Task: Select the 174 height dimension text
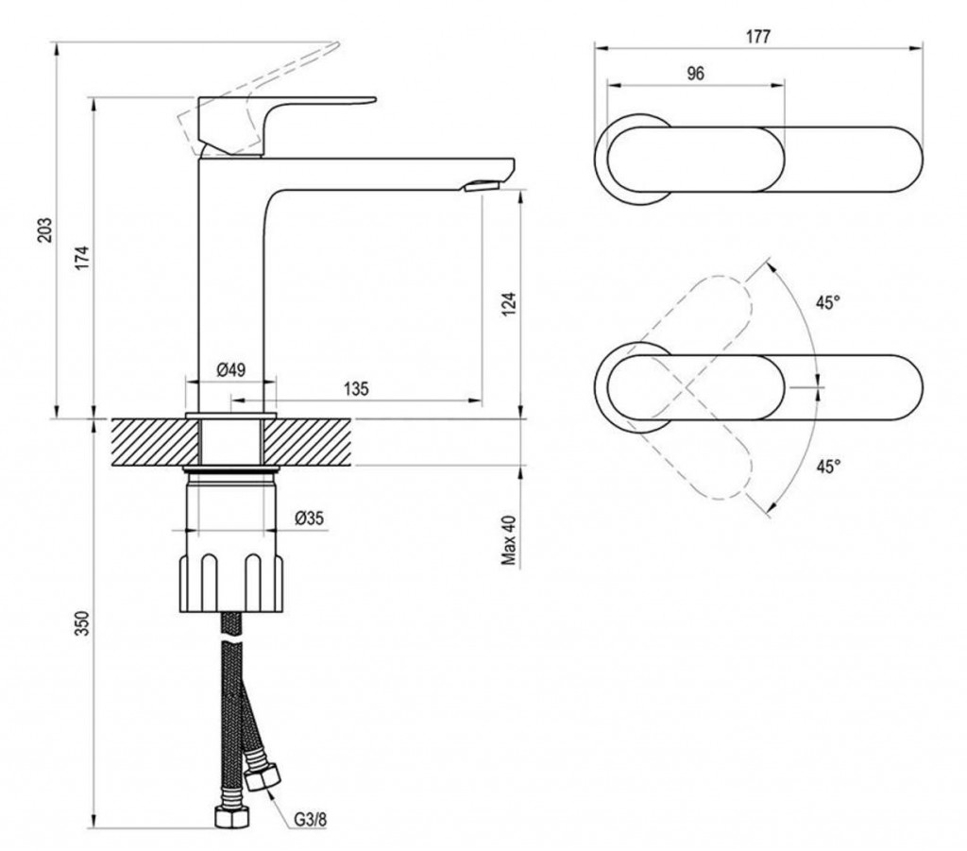click(x=83, y=258)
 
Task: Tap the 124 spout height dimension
click(x=509, y=303)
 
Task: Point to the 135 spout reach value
click(x=356, y=388)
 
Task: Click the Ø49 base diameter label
click(x=231, y=370)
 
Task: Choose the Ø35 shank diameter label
click(x=309, y=519)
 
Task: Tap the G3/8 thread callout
click(x=310, y=820)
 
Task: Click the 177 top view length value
click(x=758, y=37)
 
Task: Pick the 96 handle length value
click(x=695, y=74)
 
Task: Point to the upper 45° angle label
click(x=828, y=303)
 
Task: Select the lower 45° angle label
click(x=828, y=467)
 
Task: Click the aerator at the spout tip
click(x=481, y=185)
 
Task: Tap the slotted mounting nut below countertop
click(x=231, y=583)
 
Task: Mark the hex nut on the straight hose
click(x=231, y=817)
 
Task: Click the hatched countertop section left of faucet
click(x=157, y=441)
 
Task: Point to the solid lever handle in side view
click(x=271, y=124)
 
